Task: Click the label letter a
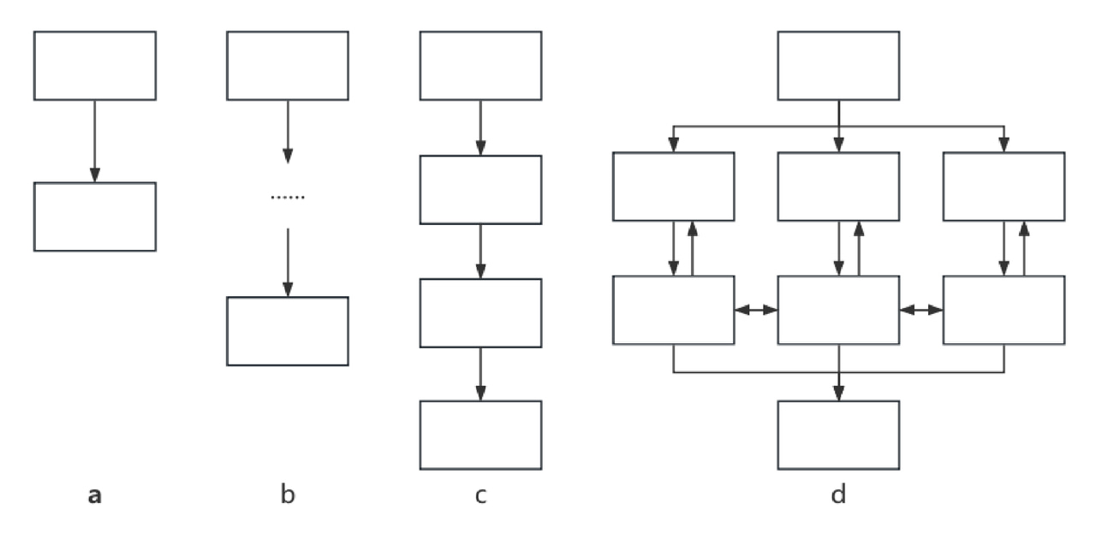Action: tap(95, 495)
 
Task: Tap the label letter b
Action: tap(288, 495)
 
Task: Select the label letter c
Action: tap(480, 495)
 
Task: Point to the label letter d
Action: tap(838, 495)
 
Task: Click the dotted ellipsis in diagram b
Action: tap(288, 198)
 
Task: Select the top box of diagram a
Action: tap(95, 66)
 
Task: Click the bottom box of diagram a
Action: tap(95, 216)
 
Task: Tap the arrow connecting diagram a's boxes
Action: tap(95, 141)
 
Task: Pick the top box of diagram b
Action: tap(288, 66)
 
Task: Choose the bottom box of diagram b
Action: tap(288, 331)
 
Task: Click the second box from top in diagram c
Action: tap(480, 189)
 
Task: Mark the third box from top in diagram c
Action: tap(480, 312)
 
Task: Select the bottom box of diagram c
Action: tap(480, 435)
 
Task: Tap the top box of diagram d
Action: tap(838, 66)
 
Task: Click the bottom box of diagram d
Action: tap(838, 435)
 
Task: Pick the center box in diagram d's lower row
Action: tap(838, 310)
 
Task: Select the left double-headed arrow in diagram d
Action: tap(756, 310)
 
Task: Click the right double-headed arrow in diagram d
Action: tap(920, 310)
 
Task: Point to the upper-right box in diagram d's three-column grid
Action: tap(1004, 187)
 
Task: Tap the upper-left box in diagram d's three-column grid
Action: tap(674, 187)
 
